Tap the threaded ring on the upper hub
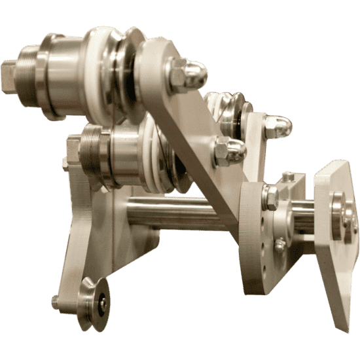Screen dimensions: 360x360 (x=27, y=72)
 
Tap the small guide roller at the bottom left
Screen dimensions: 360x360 (x=94, y=304)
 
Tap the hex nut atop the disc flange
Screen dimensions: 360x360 (x=270, y=197)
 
